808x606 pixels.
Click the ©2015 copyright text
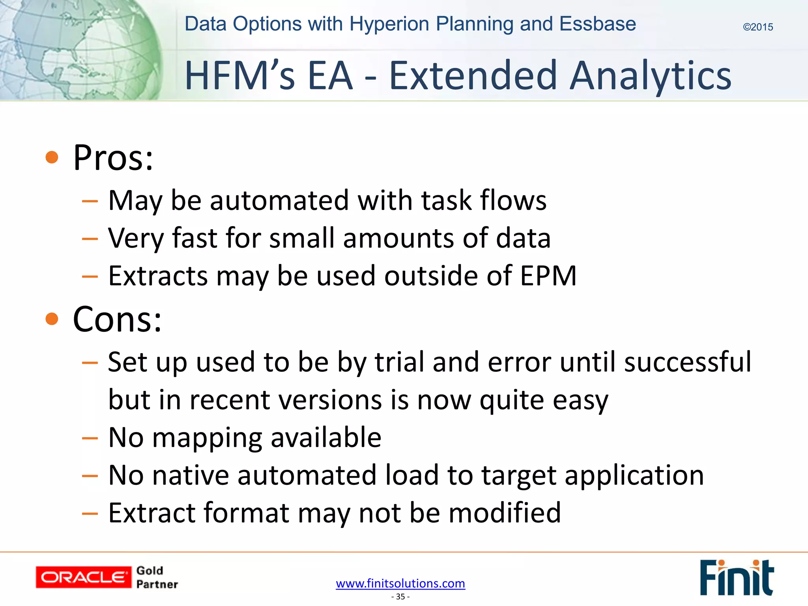pos(757,27)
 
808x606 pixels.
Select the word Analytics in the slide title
pos(651,76)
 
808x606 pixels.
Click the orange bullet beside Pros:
pos(52,158)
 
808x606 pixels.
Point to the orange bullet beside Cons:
pos(52,319)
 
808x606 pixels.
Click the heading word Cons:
pos(117,320)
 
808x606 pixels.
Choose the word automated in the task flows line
pos(279,200)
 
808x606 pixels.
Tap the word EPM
pos(548,275)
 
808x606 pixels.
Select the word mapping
pos(207,438)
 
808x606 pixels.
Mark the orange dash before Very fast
pos(90,239)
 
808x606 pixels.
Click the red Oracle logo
pos(83,577)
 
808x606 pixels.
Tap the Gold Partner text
pos(157,577)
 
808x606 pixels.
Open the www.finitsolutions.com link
pos(400,583)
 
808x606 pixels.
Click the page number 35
pos(400,597)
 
